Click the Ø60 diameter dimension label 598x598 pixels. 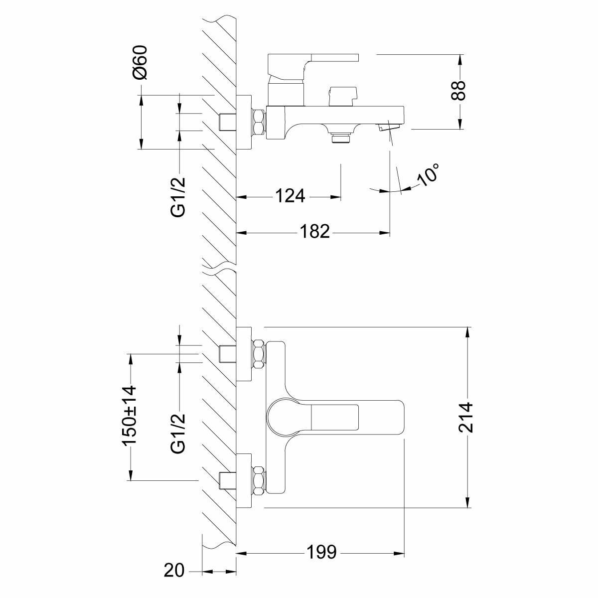coord(141,62)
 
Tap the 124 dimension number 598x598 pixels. coord(291,196)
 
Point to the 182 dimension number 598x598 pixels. coord(315,231)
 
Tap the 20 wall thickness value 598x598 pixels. coord(174,570)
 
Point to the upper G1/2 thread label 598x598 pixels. coord(178,196)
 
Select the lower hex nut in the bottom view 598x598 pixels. coord(259,480)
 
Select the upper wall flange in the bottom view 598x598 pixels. coord(244,354)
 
